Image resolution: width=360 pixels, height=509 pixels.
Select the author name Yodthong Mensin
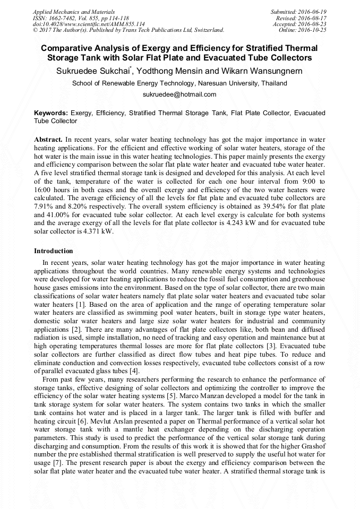[181, 71]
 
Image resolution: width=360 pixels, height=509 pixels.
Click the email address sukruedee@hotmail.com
[179, 94]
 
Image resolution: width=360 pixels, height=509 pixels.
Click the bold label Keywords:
[51, 113]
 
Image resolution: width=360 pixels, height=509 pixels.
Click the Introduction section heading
[54, 251]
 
